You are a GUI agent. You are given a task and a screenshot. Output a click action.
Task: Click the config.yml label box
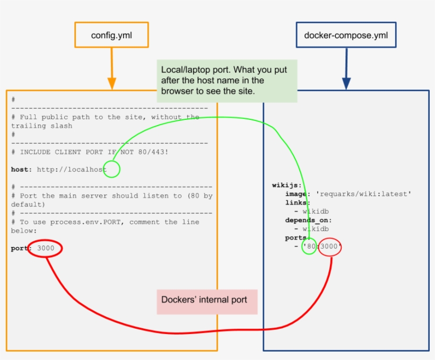tap(111, 35)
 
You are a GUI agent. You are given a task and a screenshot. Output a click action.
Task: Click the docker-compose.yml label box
tap(345, 36)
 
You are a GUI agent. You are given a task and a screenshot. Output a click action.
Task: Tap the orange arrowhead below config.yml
tap(111, 83)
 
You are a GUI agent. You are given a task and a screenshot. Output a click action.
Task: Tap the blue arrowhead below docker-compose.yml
tap(346, 83)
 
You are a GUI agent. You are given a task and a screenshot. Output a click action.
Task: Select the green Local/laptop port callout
tap(227, 81)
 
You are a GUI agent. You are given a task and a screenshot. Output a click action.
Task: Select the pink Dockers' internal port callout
tap(207, 301)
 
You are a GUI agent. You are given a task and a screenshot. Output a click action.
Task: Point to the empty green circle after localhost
tap(112, 170)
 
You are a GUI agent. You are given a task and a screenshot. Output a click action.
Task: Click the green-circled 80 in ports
tap(309, 247)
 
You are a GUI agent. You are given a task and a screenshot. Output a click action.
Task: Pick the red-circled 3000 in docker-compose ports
tap(330, 247)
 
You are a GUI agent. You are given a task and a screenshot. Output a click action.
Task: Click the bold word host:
tap(21, 170)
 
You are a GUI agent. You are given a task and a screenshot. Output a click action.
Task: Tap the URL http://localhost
tap(72, 170)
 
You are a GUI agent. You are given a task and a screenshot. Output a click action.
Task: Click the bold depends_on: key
tap(308, 220)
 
